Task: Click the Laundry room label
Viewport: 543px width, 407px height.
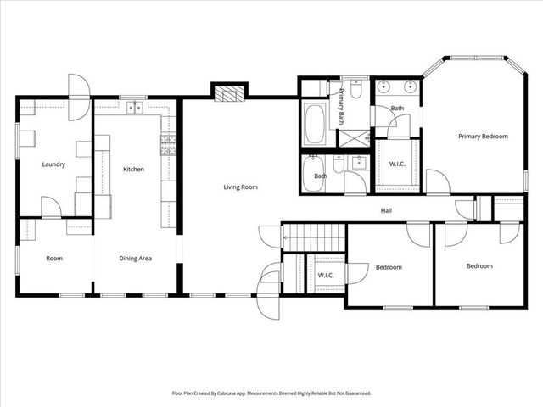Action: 54,164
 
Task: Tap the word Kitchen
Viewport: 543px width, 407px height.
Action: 134,170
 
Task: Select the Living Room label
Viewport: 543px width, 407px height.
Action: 240,187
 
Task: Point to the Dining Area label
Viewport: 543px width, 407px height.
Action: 136,258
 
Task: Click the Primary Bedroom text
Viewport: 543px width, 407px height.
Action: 483,136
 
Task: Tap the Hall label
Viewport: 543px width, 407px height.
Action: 386,210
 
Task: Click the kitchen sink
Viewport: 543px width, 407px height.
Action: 134,108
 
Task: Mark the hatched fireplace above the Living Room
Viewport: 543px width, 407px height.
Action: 228,92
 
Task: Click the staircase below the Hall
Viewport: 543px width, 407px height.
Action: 314,233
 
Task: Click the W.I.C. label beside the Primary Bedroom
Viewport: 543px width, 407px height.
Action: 397,163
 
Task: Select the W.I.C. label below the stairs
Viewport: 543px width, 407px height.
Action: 326,275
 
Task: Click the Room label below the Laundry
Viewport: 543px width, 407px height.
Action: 54,258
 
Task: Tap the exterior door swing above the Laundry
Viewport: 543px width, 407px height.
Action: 78,88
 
